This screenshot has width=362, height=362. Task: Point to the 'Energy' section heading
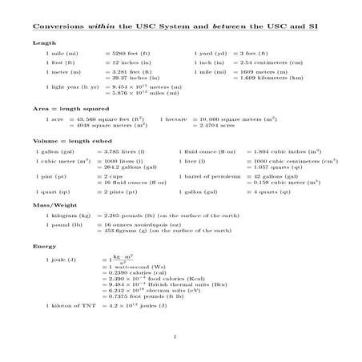tap(44, 246)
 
